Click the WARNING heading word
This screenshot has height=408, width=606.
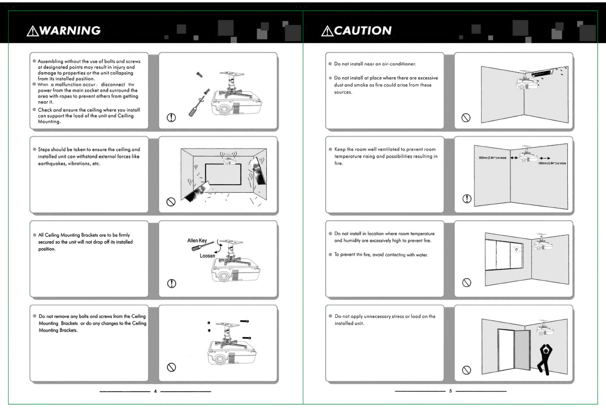tap(70, 31)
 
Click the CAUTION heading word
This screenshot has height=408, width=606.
tap(363, 31)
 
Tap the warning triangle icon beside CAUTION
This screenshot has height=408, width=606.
tap(327, 31)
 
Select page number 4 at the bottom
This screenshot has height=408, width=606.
tap(155, 391)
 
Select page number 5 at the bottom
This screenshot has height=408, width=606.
tap(451, 391)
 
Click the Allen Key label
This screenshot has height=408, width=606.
tap(197, 240)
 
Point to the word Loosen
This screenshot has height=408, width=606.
tap(207, 255)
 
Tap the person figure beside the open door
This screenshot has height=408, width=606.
tap(545, 359)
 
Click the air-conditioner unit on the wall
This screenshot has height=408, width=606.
tap(543, 73)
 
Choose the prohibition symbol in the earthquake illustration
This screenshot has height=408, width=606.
tap(171, 202)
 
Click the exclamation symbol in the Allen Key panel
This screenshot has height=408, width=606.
tap(171, 283)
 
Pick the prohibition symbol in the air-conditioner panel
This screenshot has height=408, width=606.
tap(466, 118)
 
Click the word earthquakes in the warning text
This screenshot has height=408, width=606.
tap(50, 164)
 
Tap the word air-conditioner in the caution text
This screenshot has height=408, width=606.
tap(399, 64)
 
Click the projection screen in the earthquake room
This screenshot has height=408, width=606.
tap(223, 174)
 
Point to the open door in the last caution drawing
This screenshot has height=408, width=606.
tap(522, 350)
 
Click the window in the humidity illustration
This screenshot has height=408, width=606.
tap(504, 255)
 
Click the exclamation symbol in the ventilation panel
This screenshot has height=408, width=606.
tap(467, 199)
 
